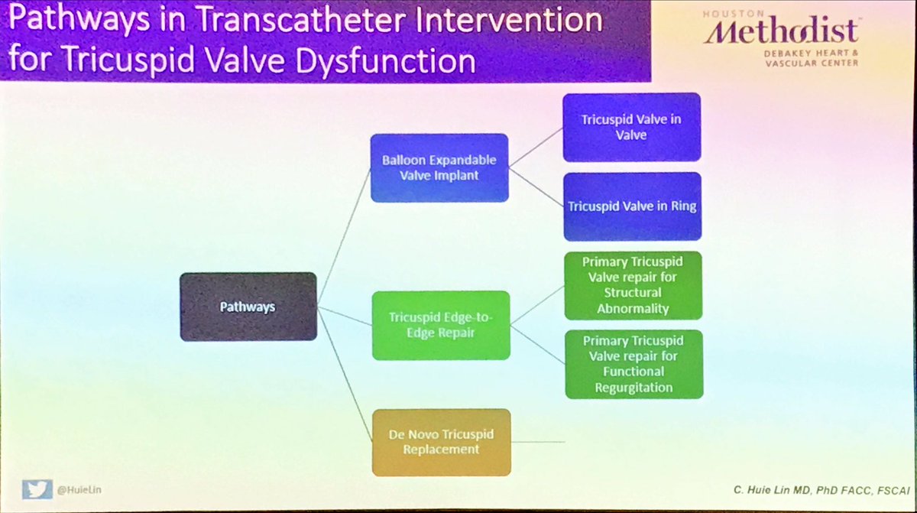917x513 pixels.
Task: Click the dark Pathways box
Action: click(248, 306)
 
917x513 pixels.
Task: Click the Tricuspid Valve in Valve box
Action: click(631, 127)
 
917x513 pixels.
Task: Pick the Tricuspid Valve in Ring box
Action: click(631, 206)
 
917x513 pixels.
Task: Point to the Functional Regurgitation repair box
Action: click(633, 363)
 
